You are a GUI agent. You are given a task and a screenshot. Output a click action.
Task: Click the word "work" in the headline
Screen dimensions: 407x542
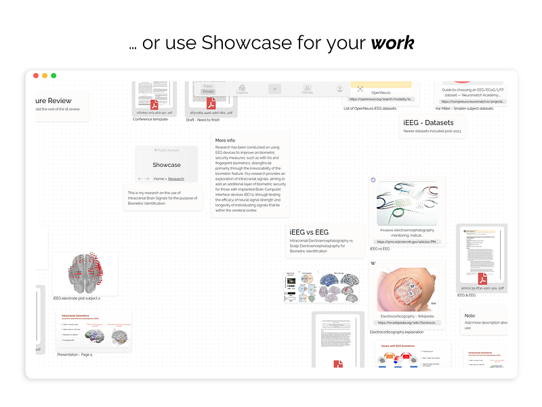coord(392,43)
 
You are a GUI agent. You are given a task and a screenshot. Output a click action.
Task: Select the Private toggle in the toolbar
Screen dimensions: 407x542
coord(208,91)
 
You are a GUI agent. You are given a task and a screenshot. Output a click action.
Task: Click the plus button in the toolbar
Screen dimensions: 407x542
coord(274,89)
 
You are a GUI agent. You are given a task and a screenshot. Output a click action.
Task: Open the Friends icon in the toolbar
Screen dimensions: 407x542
coord(307,90)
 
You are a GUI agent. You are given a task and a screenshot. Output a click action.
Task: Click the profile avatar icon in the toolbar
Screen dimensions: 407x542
coord(339,89)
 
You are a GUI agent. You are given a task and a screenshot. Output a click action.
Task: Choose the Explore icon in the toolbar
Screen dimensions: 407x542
coord(242,89)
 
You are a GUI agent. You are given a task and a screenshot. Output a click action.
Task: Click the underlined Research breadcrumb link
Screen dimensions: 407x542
coord(176,178)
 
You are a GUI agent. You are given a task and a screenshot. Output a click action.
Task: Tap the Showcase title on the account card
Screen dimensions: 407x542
coord(167,165)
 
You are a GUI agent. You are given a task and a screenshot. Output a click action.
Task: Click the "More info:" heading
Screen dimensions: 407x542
coord(226,140)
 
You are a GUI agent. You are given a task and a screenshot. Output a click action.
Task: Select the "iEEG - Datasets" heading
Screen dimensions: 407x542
coord(428,122)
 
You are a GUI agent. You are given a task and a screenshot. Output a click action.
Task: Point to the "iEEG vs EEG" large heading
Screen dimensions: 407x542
coord(309,232)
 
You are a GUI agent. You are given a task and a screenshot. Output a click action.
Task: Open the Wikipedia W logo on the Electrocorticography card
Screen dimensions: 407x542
coord(374,263)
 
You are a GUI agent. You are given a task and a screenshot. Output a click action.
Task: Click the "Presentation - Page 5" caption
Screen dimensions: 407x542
coord(75,354)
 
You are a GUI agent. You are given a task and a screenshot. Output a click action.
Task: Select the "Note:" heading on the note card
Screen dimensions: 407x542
coord(470,315)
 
